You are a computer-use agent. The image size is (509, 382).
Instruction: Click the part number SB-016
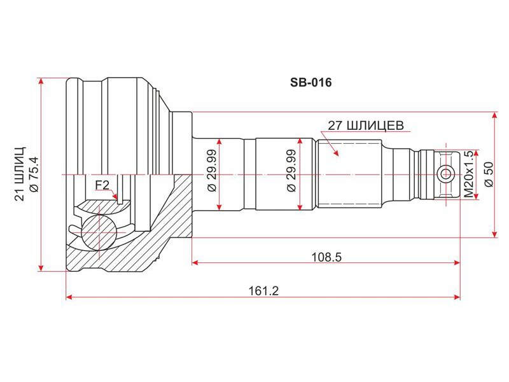coord(310,83)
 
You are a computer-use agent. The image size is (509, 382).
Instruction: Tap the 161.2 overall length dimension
coord(263,291)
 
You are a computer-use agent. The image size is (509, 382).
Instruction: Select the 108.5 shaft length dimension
coord(326,257)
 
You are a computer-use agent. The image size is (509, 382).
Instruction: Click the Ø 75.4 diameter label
coord(34,174)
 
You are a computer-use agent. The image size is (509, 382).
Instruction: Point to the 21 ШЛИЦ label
coord(20,174)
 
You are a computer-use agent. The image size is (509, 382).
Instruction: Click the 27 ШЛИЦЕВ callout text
coord(365,125)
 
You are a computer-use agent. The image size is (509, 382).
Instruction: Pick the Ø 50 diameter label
coord(489,174)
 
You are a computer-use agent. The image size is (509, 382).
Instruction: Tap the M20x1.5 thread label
coord(469,174)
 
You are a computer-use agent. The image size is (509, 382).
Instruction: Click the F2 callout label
coord(102,185)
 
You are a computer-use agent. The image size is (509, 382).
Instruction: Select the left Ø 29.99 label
coord(212,171)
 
